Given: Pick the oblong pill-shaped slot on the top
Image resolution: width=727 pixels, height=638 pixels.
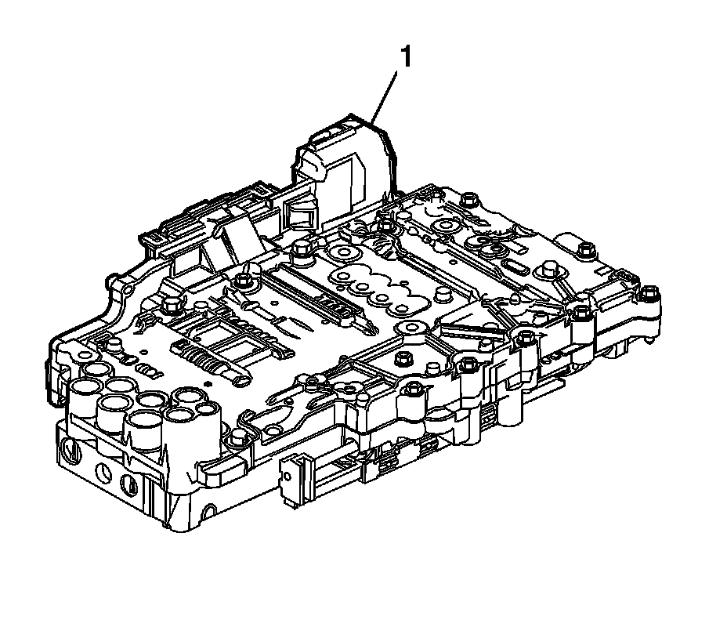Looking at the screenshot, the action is (513, 268).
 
